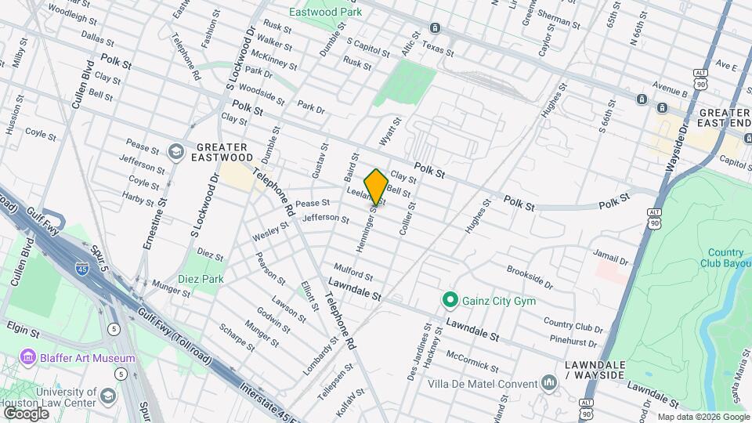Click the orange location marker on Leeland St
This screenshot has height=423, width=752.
(x=376, y=186)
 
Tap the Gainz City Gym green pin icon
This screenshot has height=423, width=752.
(x=450, y=299)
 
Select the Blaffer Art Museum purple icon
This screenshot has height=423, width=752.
(x=29, y=358)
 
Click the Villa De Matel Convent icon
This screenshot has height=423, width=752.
(x=549, y=383)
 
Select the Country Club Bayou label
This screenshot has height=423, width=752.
(x=726, y=258)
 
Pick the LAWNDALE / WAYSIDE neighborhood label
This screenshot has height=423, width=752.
(x=595, y=370)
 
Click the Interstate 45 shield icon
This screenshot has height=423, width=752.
(x=81, y=269)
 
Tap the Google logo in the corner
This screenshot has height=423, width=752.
(x=25, y=413)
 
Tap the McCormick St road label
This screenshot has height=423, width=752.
(x=472, y=360)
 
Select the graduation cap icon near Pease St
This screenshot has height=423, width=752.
(x=178, y=150)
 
